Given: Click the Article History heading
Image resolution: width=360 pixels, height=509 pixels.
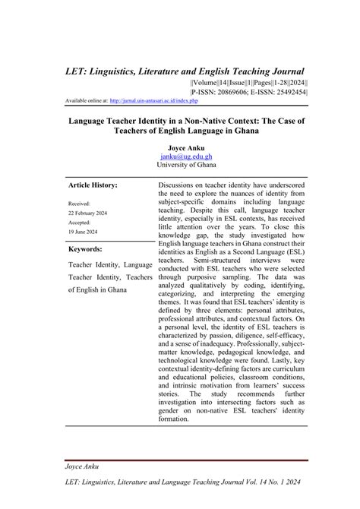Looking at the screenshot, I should [93, 185].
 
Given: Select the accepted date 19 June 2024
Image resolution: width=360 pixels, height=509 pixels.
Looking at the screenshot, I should [84, 232].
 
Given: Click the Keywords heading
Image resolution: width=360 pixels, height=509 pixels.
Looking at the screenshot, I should [85, 249].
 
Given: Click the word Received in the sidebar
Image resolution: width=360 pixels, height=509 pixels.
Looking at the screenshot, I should [79, 204].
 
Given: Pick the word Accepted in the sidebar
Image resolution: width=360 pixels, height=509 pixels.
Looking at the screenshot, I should [80, 223].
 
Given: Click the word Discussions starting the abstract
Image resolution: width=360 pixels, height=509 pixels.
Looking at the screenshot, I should [182, 185].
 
